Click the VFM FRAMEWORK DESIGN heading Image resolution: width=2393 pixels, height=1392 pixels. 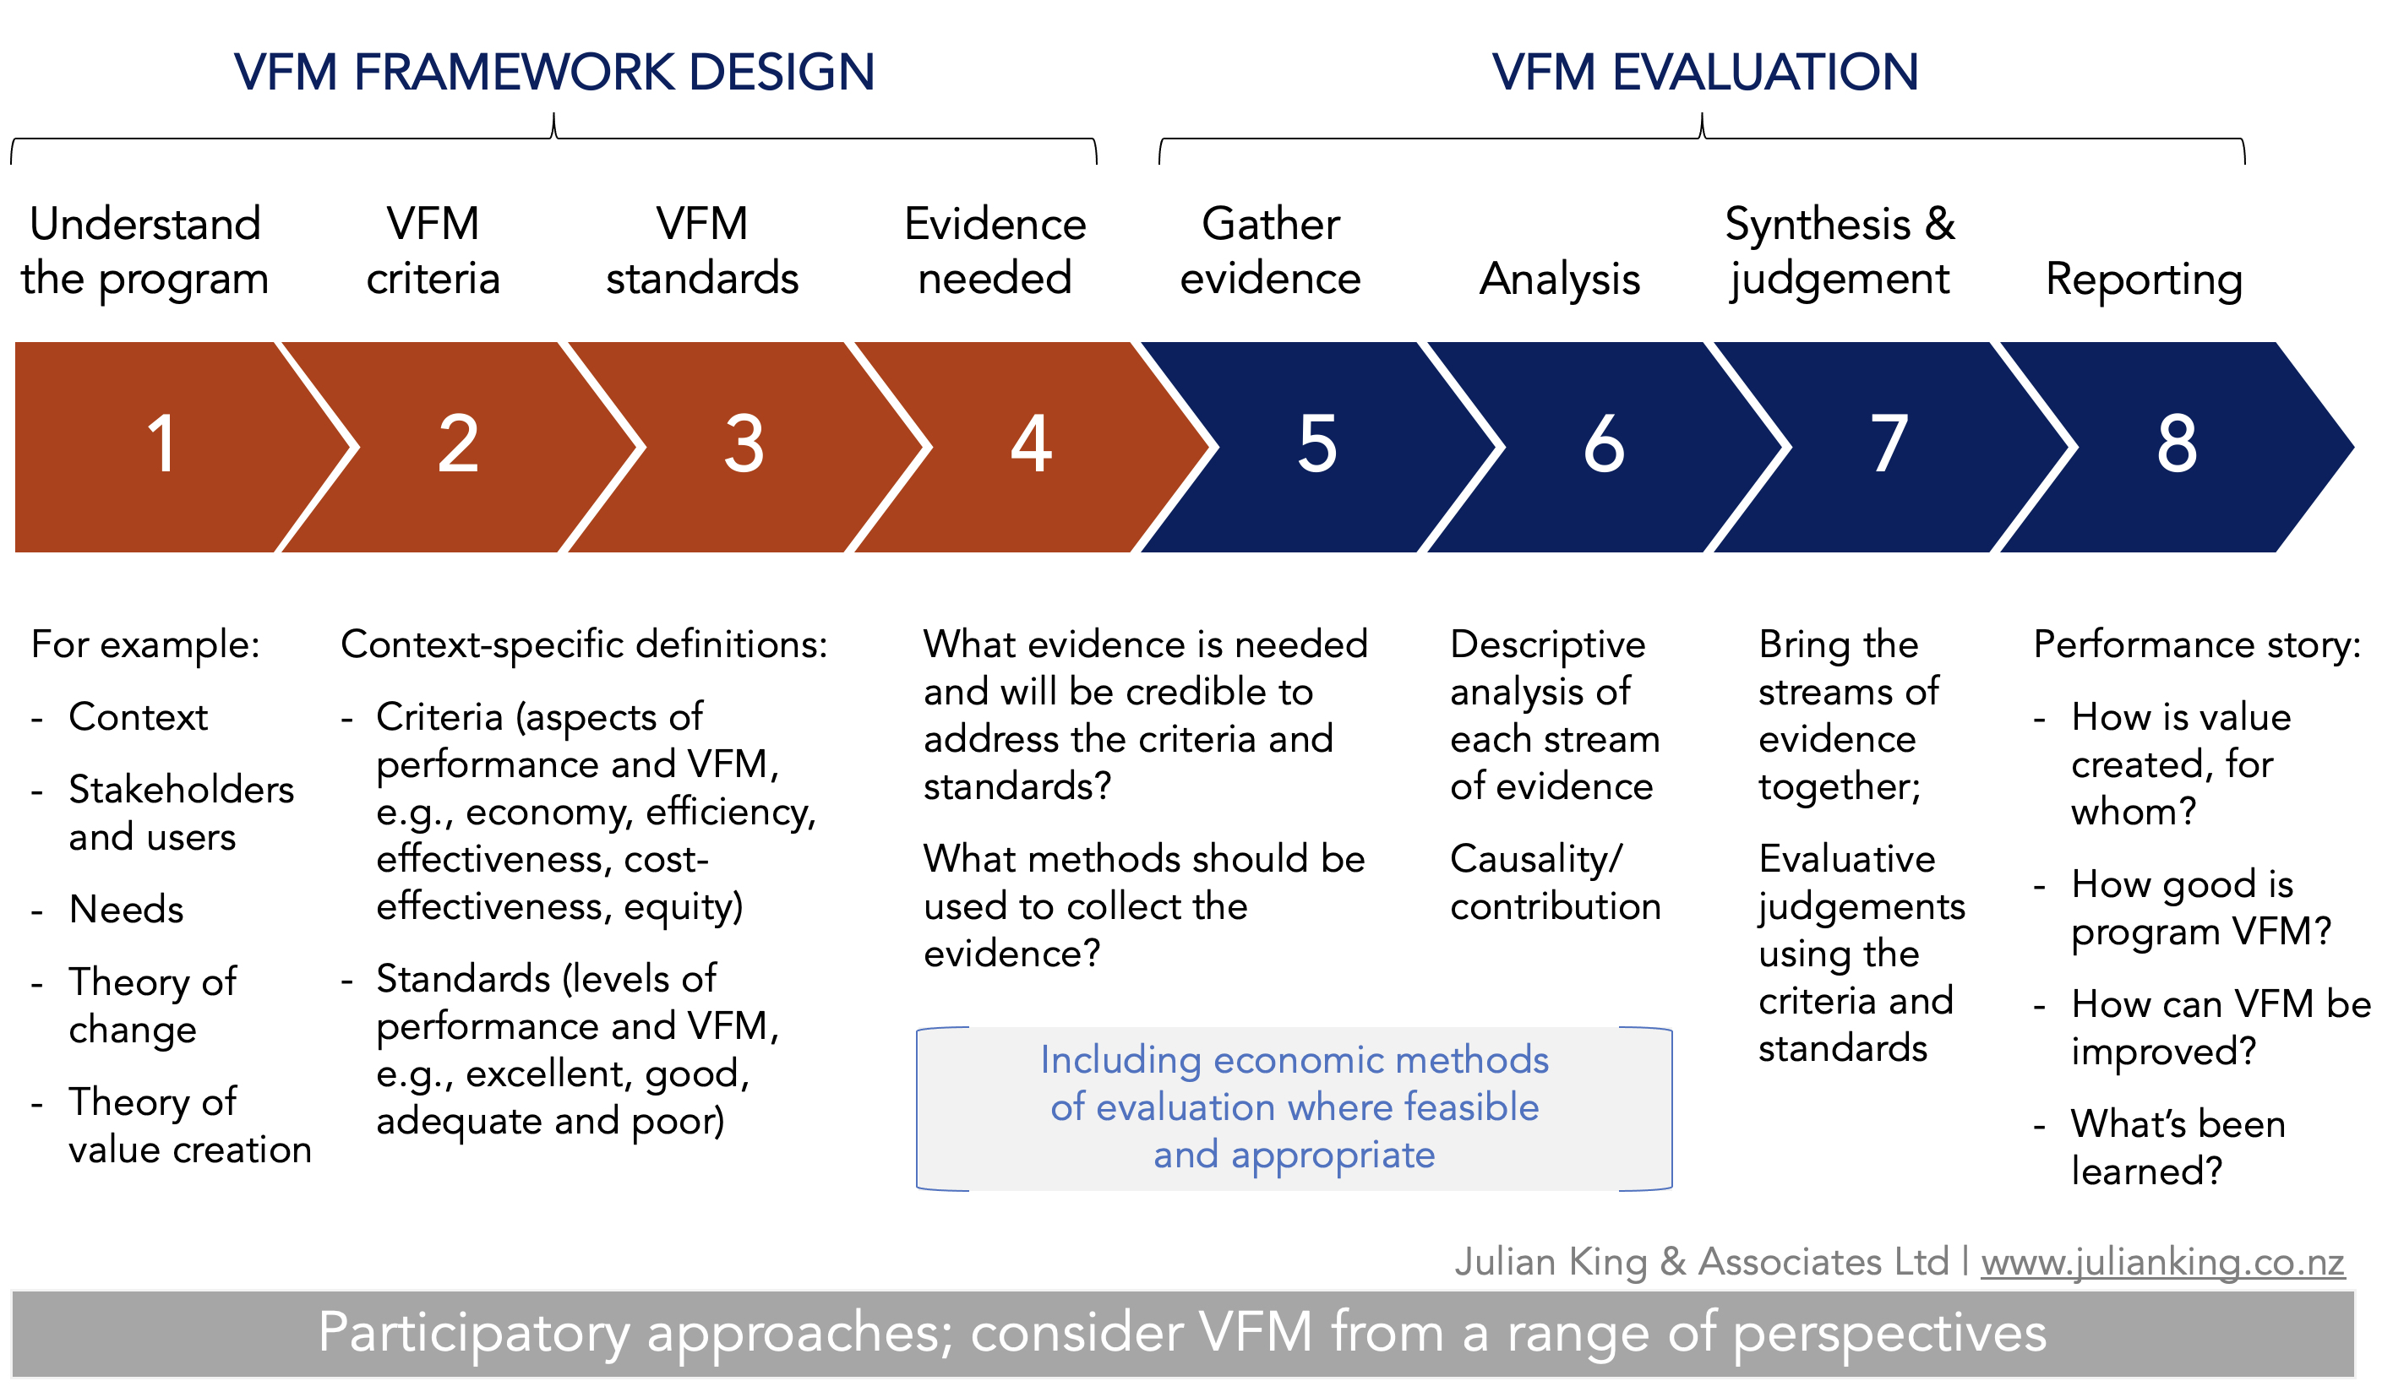coord(554,72)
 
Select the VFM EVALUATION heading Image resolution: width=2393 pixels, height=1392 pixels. coord(1705,72)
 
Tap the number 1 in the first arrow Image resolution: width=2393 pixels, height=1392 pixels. coord(162,443)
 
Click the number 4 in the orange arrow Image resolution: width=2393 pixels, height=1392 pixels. coord(1031,443)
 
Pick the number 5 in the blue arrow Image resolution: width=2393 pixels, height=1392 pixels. coord(1318,443)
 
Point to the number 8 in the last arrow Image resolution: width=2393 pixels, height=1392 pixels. coord(2178,443)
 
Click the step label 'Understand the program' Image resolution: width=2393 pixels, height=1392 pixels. coord(145,252)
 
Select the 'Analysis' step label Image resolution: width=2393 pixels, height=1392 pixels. coord(1560,279)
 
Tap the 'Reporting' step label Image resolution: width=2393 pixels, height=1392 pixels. coord(2145,279)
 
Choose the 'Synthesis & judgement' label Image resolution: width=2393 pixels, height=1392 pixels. coord(1840,252)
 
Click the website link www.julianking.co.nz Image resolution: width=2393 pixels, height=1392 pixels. coord(2162,1262)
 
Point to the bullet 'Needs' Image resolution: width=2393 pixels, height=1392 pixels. coord(126,910)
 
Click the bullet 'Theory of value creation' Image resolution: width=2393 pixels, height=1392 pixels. coord(190,1126)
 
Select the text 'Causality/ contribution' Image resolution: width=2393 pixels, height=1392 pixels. coord(1556,882)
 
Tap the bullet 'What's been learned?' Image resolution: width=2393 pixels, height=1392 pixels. coord(2178,1147)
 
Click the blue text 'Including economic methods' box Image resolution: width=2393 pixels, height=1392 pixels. coord(1295,1108)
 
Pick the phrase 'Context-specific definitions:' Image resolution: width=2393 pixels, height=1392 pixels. coord(584,644)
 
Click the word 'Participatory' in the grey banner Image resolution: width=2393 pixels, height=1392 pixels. coord(474,1334)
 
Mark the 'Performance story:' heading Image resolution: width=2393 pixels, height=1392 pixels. coord(2197,644)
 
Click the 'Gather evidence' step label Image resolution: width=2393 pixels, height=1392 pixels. coord(1271,252)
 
